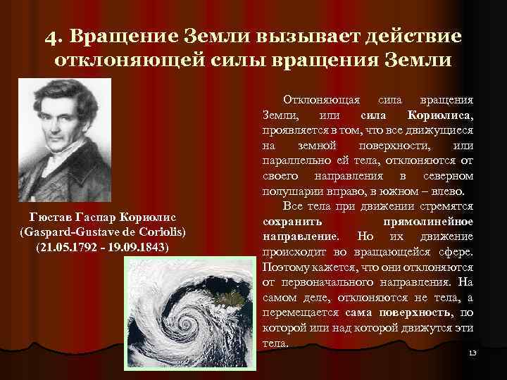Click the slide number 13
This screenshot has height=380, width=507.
pos(472,351)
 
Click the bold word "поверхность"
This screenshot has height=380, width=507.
pos(420,312)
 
